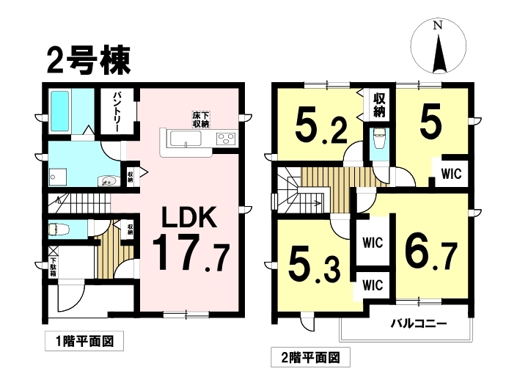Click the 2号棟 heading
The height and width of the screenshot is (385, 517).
pos(89,61)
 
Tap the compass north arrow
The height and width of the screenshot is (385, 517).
pos(439,54)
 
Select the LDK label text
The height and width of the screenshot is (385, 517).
pos(189,218)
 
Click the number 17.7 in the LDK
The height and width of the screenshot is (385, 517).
pos(191,253)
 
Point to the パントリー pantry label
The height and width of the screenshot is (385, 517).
pos(117,111)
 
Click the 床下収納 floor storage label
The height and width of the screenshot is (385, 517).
pos(200,120)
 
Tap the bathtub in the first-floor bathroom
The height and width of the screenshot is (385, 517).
pos(59,111)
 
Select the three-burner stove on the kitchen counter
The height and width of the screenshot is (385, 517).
pos(226,138)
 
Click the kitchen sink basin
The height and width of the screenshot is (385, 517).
pos(186,138)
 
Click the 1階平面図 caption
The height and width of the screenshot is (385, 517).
pos(84,341)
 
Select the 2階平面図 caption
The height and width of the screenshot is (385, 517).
pos(311,357)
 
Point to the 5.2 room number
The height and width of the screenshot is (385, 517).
pos(320,125)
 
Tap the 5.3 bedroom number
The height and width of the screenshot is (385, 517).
pos(314,268)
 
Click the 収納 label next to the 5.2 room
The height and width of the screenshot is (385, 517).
pos(379,105)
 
